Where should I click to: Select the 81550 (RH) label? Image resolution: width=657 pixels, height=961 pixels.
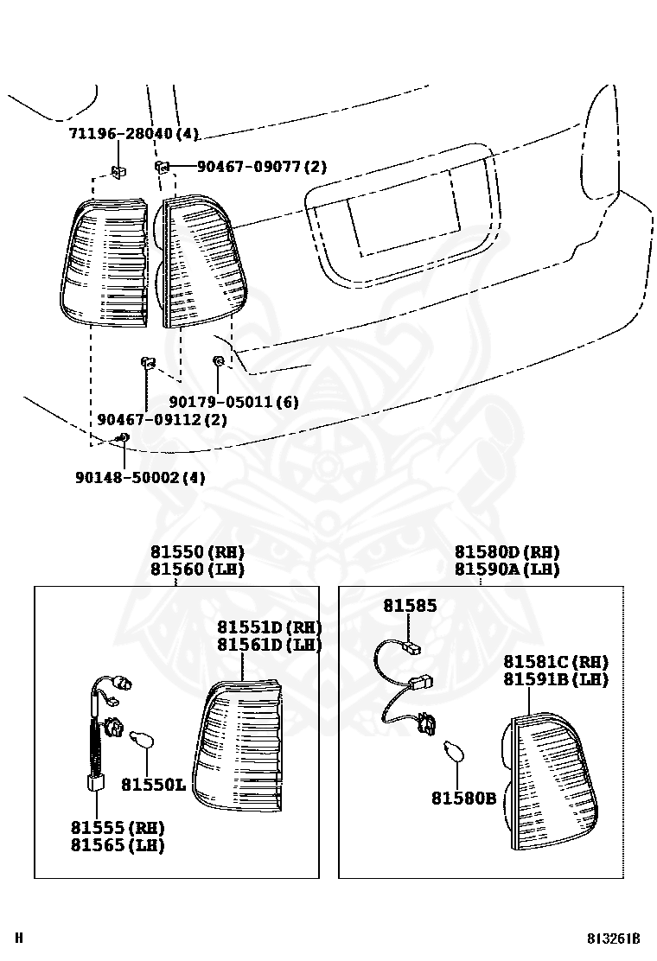(x=197, y=552)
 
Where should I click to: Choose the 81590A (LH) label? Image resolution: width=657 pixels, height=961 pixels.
(x=507, y=570)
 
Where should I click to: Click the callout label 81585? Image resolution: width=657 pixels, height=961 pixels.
(x=410, y=607)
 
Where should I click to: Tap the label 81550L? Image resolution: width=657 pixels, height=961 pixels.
(x=153, y=785)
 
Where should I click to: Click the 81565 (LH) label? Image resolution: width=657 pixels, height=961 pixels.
(x=118, y=845)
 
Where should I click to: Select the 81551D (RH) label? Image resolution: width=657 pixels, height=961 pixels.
(x=269, y=627)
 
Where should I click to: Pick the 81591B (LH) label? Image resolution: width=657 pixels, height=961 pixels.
(x=556, y=679)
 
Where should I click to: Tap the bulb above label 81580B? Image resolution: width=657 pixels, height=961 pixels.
(x=454, y=752)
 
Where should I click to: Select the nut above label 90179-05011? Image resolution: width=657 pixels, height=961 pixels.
(x=219, y=360)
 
